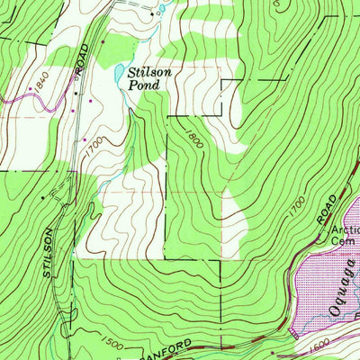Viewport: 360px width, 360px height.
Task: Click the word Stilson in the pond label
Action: [x=148, y=72]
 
